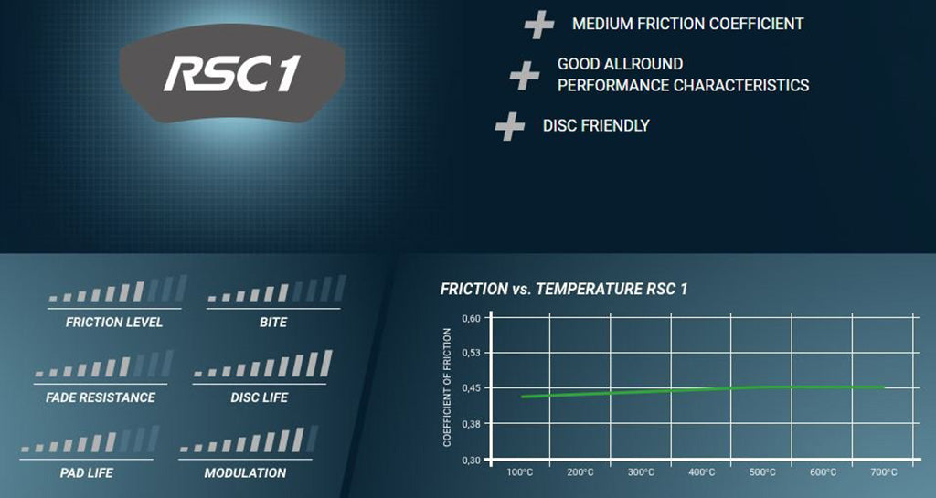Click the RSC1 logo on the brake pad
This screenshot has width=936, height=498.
click(231, 73)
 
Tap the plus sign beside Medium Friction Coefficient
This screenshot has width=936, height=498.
click(539, 25)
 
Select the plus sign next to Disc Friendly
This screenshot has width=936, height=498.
click(510, 126)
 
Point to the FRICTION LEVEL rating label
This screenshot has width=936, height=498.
click(114, 322)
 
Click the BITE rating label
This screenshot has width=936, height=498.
click(273, 322)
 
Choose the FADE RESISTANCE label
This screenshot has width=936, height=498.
click(101, 397)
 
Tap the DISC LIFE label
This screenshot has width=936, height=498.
click(259, 397)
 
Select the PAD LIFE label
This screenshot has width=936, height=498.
click(87, 473)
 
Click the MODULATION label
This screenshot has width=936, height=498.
click(245, 473)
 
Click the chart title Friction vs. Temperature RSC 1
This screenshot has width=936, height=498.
click(563, 290)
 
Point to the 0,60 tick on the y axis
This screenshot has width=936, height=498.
click(471, 319)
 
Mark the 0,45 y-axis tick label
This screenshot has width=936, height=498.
click(471, 388)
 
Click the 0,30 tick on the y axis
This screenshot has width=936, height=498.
click(471, 461)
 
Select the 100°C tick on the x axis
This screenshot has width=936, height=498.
click(520, 472)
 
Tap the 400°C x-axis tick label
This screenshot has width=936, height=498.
click(701, 472)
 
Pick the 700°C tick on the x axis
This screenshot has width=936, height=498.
click(884, 472)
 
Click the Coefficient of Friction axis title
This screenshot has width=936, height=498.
click(447, 387)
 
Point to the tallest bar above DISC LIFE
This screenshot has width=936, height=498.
click(326, 363)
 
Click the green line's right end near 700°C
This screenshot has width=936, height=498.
click(884, 387)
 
